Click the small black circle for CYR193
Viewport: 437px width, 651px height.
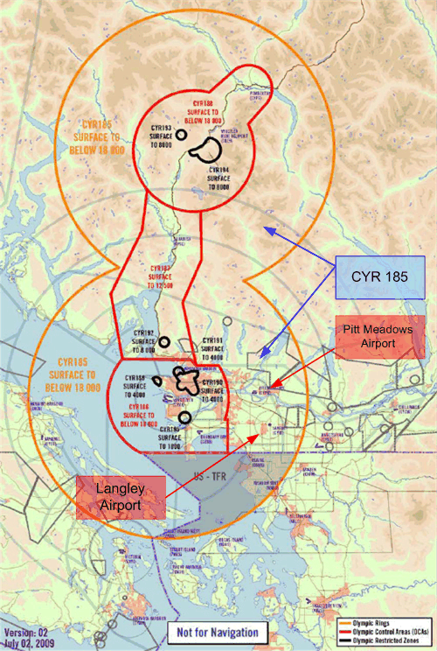180,135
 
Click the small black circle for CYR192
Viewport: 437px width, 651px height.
167,338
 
